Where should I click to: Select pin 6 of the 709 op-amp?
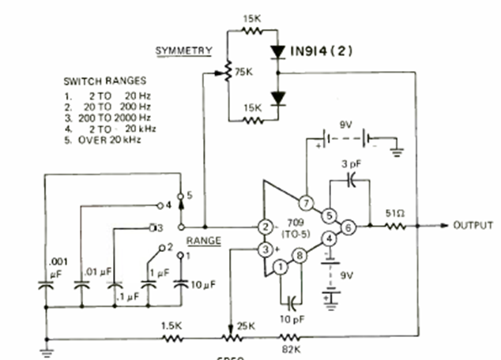point(348,227)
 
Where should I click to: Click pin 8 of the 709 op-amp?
point(301,256)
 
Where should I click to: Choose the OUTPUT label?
point(473,226)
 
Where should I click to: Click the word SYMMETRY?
point(183,51)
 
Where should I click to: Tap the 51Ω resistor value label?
point(395,213)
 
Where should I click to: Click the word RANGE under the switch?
point(204,239)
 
